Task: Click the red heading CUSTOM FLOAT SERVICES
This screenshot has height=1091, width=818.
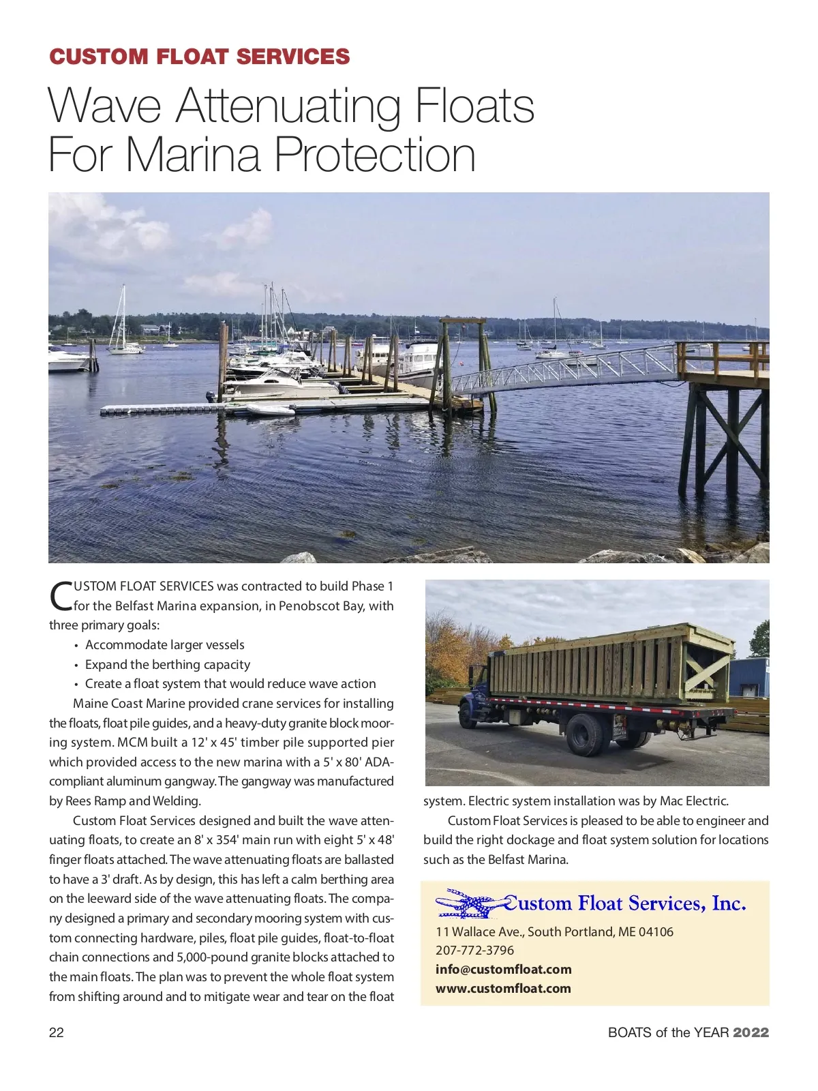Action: point(200,57)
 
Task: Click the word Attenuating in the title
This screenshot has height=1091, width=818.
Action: point(288,107)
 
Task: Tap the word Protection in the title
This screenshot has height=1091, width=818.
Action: point(375,155)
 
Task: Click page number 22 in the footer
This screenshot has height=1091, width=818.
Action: point(57,1032)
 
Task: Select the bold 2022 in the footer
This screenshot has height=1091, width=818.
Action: point(751,1032)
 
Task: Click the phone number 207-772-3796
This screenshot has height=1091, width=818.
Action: point(474,950)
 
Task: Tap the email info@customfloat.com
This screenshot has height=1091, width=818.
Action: point(503,969)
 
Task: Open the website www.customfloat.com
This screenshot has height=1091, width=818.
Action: point(503,988)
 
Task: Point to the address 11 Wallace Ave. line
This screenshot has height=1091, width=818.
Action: point(554,931)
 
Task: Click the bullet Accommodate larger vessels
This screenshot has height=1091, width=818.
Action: point(164,644)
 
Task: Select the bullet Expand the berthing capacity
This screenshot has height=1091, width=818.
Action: point(167,664)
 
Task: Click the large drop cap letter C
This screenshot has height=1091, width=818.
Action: point(61,596)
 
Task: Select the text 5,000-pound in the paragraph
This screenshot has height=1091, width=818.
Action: point(213,957)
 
